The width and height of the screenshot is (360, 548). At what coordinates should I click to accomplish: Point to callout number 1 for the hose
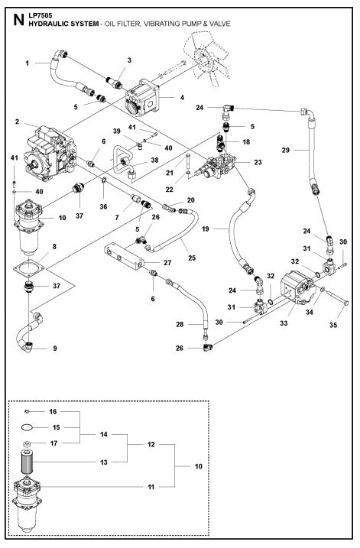[x=27, y=63]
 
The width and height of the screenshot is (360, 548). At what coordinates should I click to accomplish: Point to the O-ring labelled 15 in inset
[x=27, y=426]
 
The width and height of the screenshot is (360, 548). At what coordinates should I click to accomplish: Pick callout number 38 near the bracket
[x=154, y=161]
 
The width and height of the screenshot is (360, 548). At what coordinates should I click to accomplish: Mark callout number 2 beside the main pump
[x=16, y=122]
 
